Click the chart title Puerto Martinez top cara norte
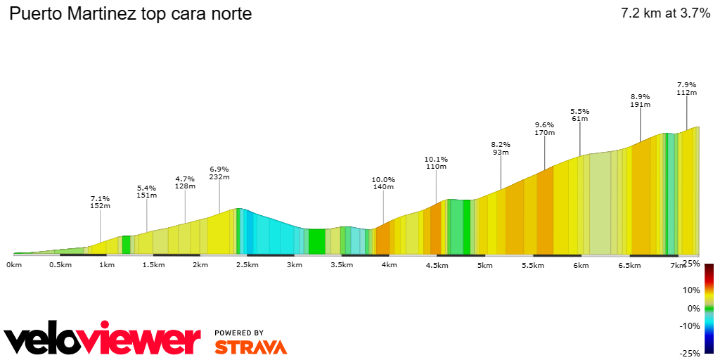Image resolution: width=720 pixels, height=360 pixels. (130, 14)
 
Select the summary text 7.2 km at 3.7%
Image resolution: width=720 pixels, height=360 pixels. (665, 13)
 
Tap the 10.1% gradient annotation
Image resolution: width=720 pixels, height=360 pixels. (436, 162)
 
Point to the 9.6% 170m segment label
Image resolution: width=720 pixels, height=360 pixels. (545, 128)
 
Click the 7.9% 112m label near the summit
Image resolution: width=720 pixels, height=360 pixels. (686, 88)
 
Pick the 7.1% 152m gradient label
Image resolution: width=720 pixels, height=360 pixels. (101, 202)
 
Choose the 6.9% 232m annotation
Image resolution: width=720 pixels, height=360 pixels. (219, 173)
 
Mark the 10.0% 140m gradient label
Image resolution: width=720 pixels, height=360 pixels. (383, 183)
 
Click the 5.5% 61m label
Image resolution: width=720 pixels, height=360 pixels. (580, 115)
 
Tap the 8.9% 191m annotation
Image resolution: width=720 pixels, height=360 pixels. (641, 101)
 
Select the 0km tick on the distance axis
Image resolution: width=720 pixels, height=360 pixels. (14, 265)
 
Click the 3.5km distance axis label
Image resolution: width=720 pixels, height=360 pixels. (342, 265)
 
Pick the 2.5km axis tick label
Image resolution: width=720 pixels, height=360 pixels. (247, 265)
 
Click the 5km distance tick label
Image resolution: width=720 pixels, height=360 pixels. (484, 265)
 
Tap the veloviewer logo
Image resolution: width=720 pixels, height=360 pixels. (102, 340)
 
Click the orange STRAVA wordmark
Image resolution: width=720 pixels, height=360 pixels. (250, 347)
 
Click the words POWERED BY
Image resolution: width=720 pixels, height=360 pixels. (239, 333)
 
